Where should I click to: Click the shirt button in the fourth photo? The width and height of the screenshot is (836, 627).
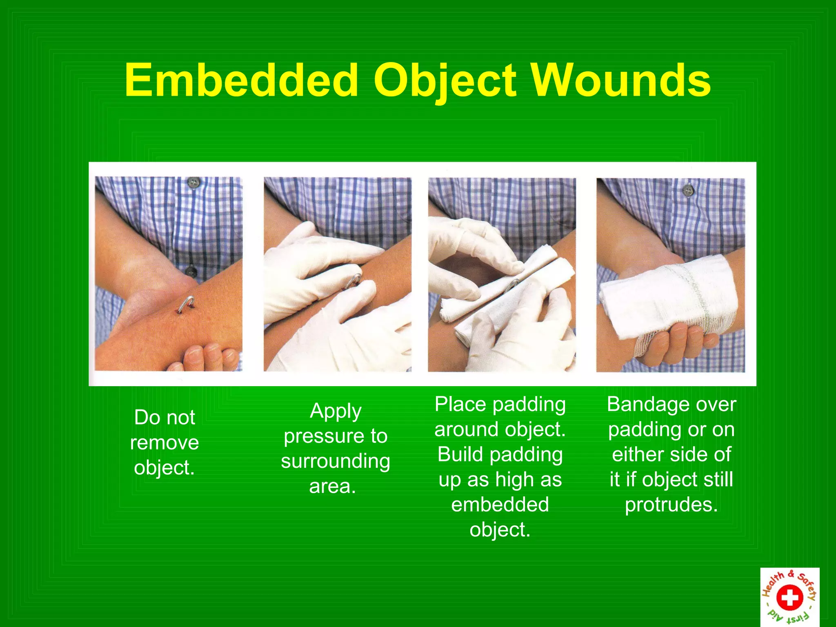point(688,190)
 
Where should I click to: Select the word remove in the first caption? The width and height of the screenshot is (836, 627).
point(165,443)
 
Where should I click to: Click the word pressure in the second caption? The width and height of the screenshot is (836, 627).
point(318,436)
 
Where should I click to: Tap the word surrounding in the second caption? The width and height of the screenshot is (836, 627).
point(336,461)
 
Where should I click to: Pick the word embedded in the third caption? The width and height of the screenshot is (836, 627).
point(500,505)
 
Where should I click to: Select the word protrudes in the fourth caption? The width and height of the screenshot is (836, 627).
point(671,505)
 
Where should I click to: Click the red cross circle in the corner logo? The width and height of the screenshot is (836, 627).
point(789,598)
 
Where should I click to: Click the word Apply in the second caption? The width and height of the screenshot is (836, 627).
point(336,411)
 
